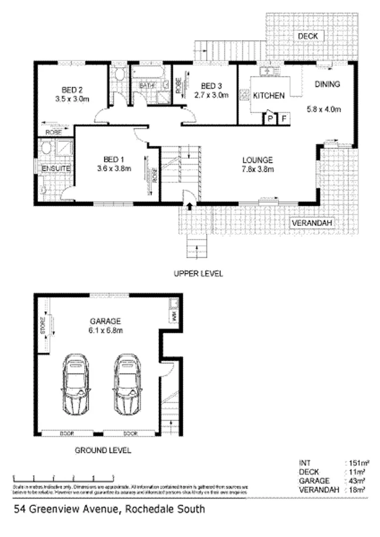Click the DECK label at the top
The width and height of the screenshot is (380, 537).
point(311,36)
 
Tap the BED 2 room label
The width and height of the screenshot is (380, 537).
point(72,90)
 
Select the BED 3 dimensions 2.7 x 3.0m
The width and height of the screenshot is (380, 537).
point(211,95)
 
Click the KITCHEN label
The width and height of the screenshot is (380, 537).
point(269,95)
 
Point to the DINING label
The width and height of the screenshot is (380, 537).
point(327,85)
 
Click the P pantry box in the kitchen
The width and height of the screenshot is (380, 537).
point(271,119)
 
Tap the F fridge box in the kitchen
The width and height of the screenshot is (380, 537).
point(284,119)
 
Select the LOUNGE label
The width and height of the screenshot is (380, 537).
point(257,160)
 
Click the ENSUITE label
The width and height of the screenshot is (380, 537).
point(55,169)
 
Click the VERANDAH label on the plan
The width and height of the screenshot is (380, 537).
point(312,223)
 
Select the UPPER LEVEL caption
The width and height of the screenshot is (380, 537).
point(198,273)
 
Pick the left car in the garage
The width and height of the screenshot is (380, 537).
point(75,386)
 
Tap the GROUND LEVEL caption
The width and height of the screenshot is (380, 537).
point(103,451)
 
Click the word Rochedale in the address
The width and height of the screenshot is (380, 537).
point(148,509)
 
